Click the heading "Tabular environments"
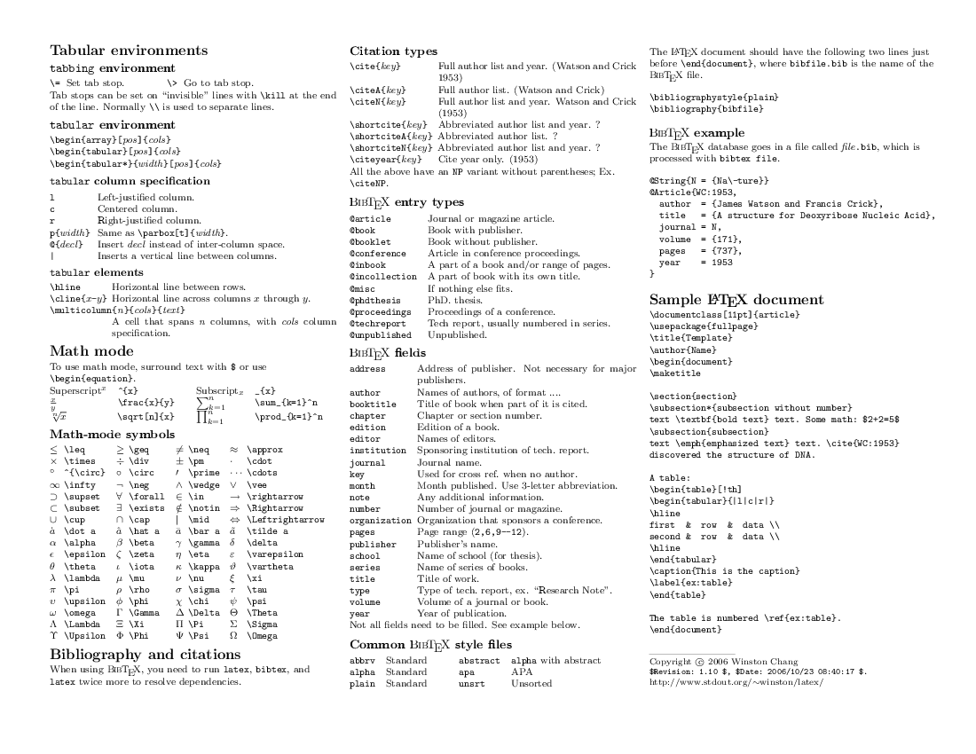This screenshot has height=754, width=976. pyautogui.click(x=129, y=51)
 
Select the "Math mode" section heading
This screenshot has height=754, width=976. pyautogui.click(x=91, y=351)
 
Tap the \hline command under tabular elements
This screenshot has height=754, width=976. pyautogui.click(x=66, y=287)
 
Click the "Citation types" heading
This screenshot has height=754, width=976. pyautogui.click(x=393, y=51)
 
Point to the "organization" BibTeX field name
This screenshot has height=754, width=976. pyautogui.click(x=381, y=520)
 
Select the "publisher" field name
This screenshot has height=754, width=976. pyautogui.click(x=372, y=544)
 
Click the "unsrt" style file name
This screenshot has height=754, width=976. pyautogui.click(x=471, y=684)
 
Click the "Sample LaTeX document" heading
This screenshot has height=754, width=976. pyautogui.click(x=736, y=300)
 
